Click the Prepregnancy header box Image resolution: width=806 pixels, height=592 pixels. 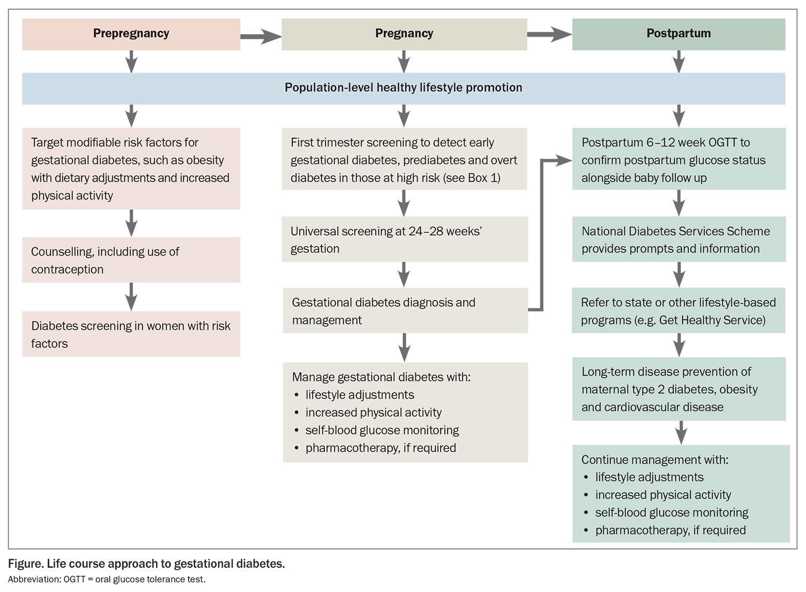131,34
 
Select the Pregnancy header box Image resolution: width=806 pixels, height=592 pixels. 404,34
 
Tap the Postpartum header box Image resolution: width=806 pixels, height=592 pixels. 678,34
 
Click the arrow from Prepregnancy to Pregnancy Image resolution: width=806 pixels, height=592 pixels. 261,37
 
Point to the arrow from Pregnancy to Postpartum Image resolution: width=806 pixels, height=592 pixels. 549,35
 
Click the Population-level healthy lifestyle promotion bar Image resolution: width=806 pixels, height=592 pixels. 403,88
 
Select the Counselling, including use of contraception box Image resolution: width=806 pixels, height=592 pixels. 131,261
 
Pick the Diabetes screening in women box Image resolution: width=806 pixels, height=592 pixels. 131,334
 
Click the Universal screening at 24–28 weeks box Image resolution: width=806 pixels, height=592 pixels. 404,240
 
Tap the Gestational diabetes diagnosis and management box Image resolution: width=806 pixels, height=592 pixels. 405,311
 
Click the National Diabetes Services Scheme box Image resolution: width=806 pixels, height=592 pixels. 678,240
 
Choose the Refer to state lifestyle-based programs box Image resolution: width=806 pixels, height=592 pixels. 678,311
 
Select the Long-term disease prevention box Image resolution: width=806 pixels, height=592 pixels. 678,389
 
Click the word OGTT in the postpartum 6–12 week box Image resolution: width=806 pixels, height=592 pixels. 722,143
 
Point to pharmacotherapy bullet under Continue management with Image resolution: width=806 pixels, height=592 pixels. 670,530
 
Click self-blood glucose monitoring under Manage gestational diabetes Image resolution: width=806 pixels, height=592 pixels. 382,430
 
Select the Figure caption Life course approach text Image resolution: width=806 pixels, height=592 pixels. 146,564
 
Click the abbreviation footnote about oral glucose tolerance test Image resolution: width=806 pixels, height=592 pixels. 106,579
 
